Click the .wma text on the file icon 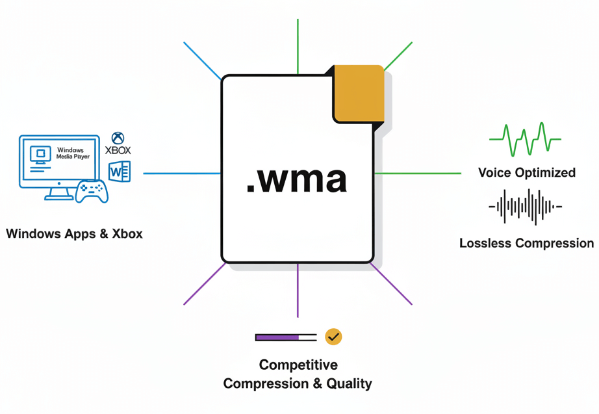(x=296, y=180)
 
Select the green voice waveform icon (x=525, y=139)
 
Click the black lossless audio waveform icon (x=525, y=207)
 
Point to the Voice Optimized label (x=526, y=172)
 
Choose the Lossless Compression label (x=526, y=243)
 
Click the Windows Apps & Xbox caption (x=74, y=233)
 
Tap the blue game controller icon (x=92, y=190)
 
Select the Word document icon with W (x=120, y=172)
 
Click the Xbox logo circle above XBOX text (x=118, y=138)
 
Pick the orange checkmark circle (x=333, y=337)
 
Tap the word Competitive (x=298, y=365)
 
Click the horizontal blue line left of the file (x=182, y=174)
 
